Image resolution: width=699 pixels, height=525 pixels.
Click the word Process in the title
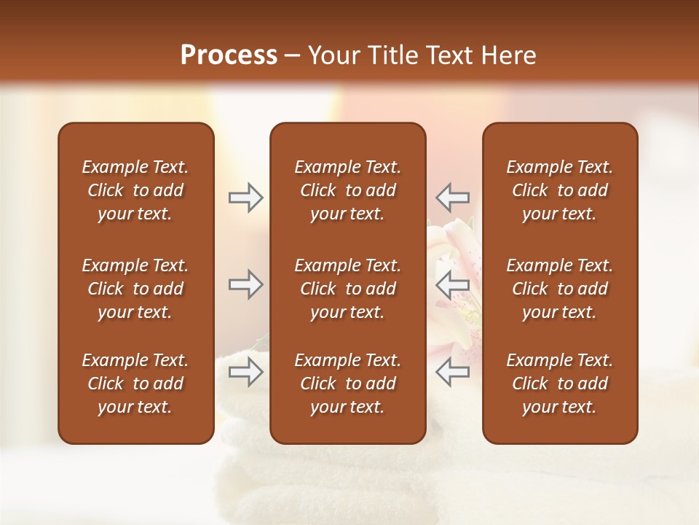coord(229,55)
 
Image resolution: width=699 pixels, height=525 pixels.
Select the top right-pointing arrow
coord(246,198)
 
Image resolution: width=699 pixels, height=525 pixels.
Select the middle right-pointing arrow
coord(246,284)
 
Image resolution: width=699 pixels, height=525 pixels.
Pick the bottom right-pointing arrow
coord(246,372)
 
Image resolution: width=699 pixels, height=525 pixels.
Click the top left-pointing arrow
coord(452,198)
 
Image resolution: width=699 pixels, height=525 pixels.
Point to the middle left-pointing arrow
coord(452,284)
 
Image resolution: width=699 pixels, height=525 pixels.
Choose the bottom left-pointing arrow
coord(452,372)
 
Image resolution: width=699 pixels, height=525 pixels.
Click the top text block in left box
coord(135,190)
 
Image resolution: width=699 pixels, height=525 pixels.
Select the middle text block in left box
coord(135,289)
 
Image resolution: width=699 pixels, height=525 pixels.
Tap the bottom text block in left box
coord(135,384)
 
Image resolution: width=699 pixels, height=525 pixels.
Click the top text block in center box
coord(347,190)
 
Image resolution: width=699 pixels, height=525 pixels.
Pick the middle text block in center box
coord(347,289)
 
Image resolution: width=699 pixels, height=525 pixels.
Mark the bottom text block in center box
coord(347,384)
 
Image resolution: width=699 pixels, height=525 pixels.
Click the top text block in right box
coord(559,190)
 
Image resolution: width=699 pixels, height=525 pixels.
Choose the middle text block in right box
coord(559,289)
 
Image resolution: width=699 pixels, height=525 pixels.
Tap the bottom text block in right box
coord(559,384)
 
